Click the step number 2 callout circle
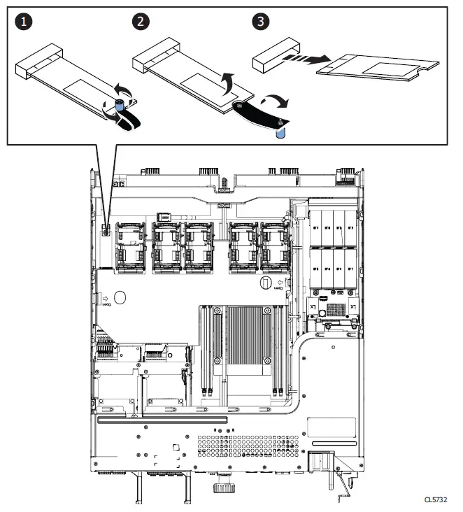coord(141,22)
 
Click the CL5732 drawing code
coord(435,500)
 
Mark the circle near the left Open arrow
coord(120,298)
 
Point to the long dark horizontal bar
coord(162,420)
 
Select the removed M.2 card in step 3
coord(378,69)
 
